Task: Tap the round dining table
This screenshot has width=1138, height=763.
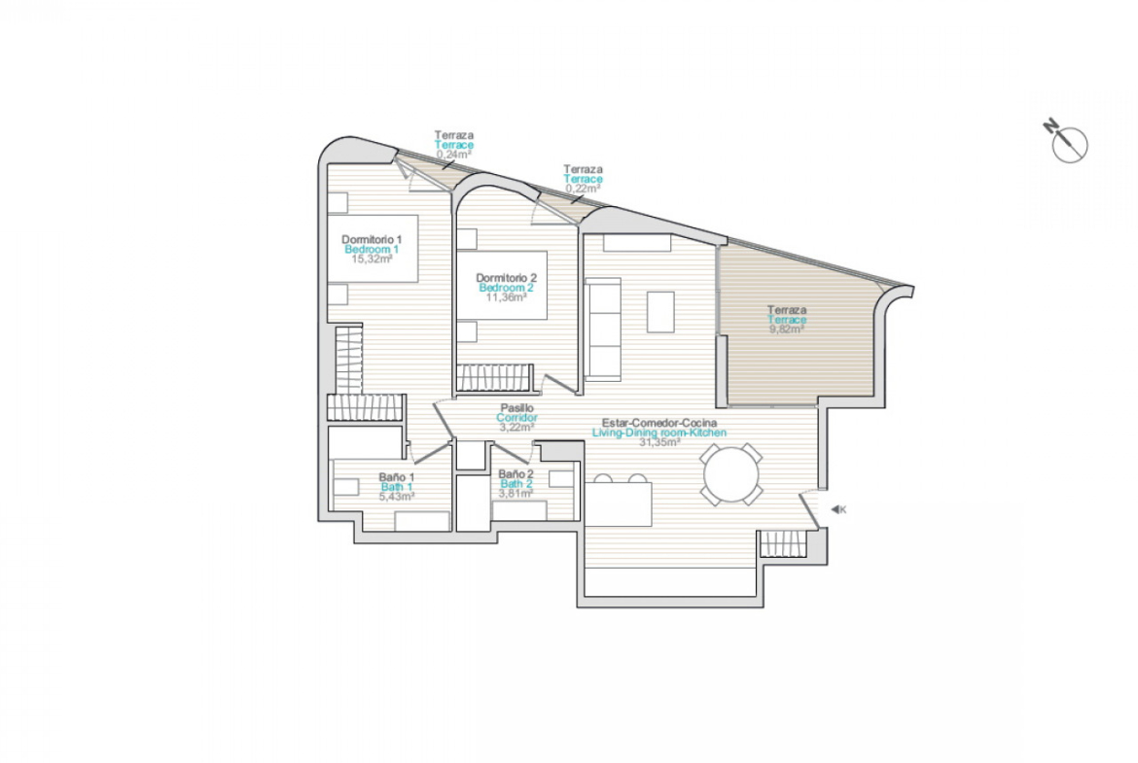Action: click(731, 475)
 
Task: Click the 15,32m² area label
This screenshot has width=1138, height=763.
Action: click(372, 259)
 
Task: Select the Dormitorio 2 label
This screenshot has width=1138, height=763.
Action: click(506, 278)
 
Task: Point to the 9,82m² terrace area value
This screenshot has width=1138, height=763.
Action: click(787, 329)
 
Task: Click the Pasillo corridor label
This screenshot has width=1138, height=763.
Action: click(516, 408)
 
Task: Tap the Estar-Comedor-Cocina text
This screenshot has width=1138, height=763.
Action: click(659, 423)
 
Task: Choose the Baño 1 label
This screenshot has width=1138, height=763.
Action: click(397, 477)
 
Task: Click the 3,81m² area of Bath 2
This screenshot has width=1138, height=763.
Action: click(516, 494)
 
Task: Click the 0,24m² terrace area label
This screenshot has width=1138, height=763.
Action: click(454, 155)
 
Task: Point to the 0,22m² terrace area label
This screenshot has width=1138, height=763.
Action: click(583, 189)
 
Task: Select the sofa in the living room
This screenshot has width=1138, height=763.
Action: click(603, 329)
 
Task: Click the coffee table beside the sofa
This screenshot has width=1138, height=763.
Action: click(660, 312)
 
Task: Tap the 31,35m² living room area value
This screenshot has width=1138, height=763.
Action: click(659, 442)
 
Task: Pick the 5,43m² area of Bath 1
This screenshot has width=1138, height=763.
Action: click(397, 497)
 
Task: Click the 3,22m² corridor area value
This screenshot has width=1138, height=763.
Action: click(516, 428)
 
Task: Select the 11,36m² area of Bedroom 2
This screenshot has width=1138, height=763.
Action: click(506, 297)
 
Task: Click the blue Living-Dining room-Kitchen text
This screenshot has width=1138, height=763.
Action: click(659, 433)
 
